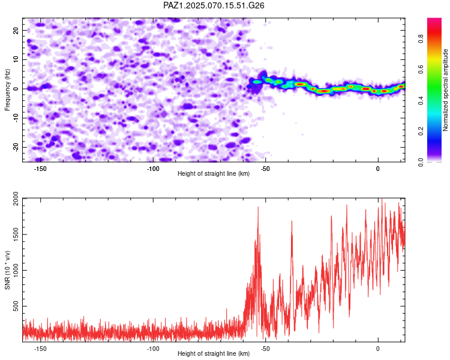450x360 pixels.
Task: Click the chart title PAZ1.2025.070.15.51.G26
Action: coord(214,5)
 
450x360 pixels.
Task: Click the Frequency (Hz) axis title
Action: coord(7,90)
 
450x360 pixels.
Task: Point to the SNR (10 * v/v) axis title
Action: coord(7,270)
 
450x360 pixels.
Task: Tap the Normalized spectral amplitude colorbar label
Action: coord(445,90)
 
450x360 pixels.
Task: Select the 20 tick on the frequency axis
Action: coord(16,30)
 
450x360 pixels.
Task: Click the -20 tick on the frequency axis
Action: coord(16,147)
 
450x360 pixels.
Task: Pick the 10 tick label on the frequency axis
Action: coord(16,59)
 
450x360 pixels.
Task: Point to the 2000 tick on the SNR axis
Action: coord(16,199)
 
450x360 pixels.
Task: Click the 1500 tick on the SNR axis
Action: coord(16,234)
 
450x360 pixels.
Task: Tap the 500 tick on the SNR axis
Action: coord(16,306)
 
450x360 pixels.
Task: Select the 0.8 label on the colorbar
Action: coord(421,38)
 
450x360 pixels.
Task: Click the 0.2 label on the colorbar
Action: coord(421,131)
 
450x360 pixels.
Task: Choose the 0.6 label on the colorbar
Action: coord(421,70)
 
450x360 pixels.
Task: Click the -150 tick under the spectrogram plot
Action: coord(40,169)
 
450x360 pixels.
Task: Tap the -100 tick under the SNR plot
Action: coord(152,349)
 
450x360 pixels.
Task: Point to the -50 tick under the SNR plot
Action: coord(265,349)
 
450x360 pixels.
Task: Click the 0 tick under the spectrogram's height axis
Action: coord(377,169)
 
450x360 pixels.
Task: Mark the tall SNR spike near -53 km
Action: coord(258,207)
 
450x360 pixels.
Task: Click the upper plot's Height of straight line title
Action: coord(214,173)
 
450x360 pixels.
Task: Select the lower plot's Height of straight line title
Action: coord(214,353)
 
